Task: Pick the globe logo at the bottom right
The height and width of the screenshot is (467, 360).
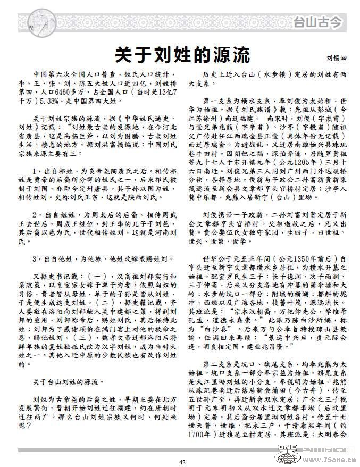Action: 287,457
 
